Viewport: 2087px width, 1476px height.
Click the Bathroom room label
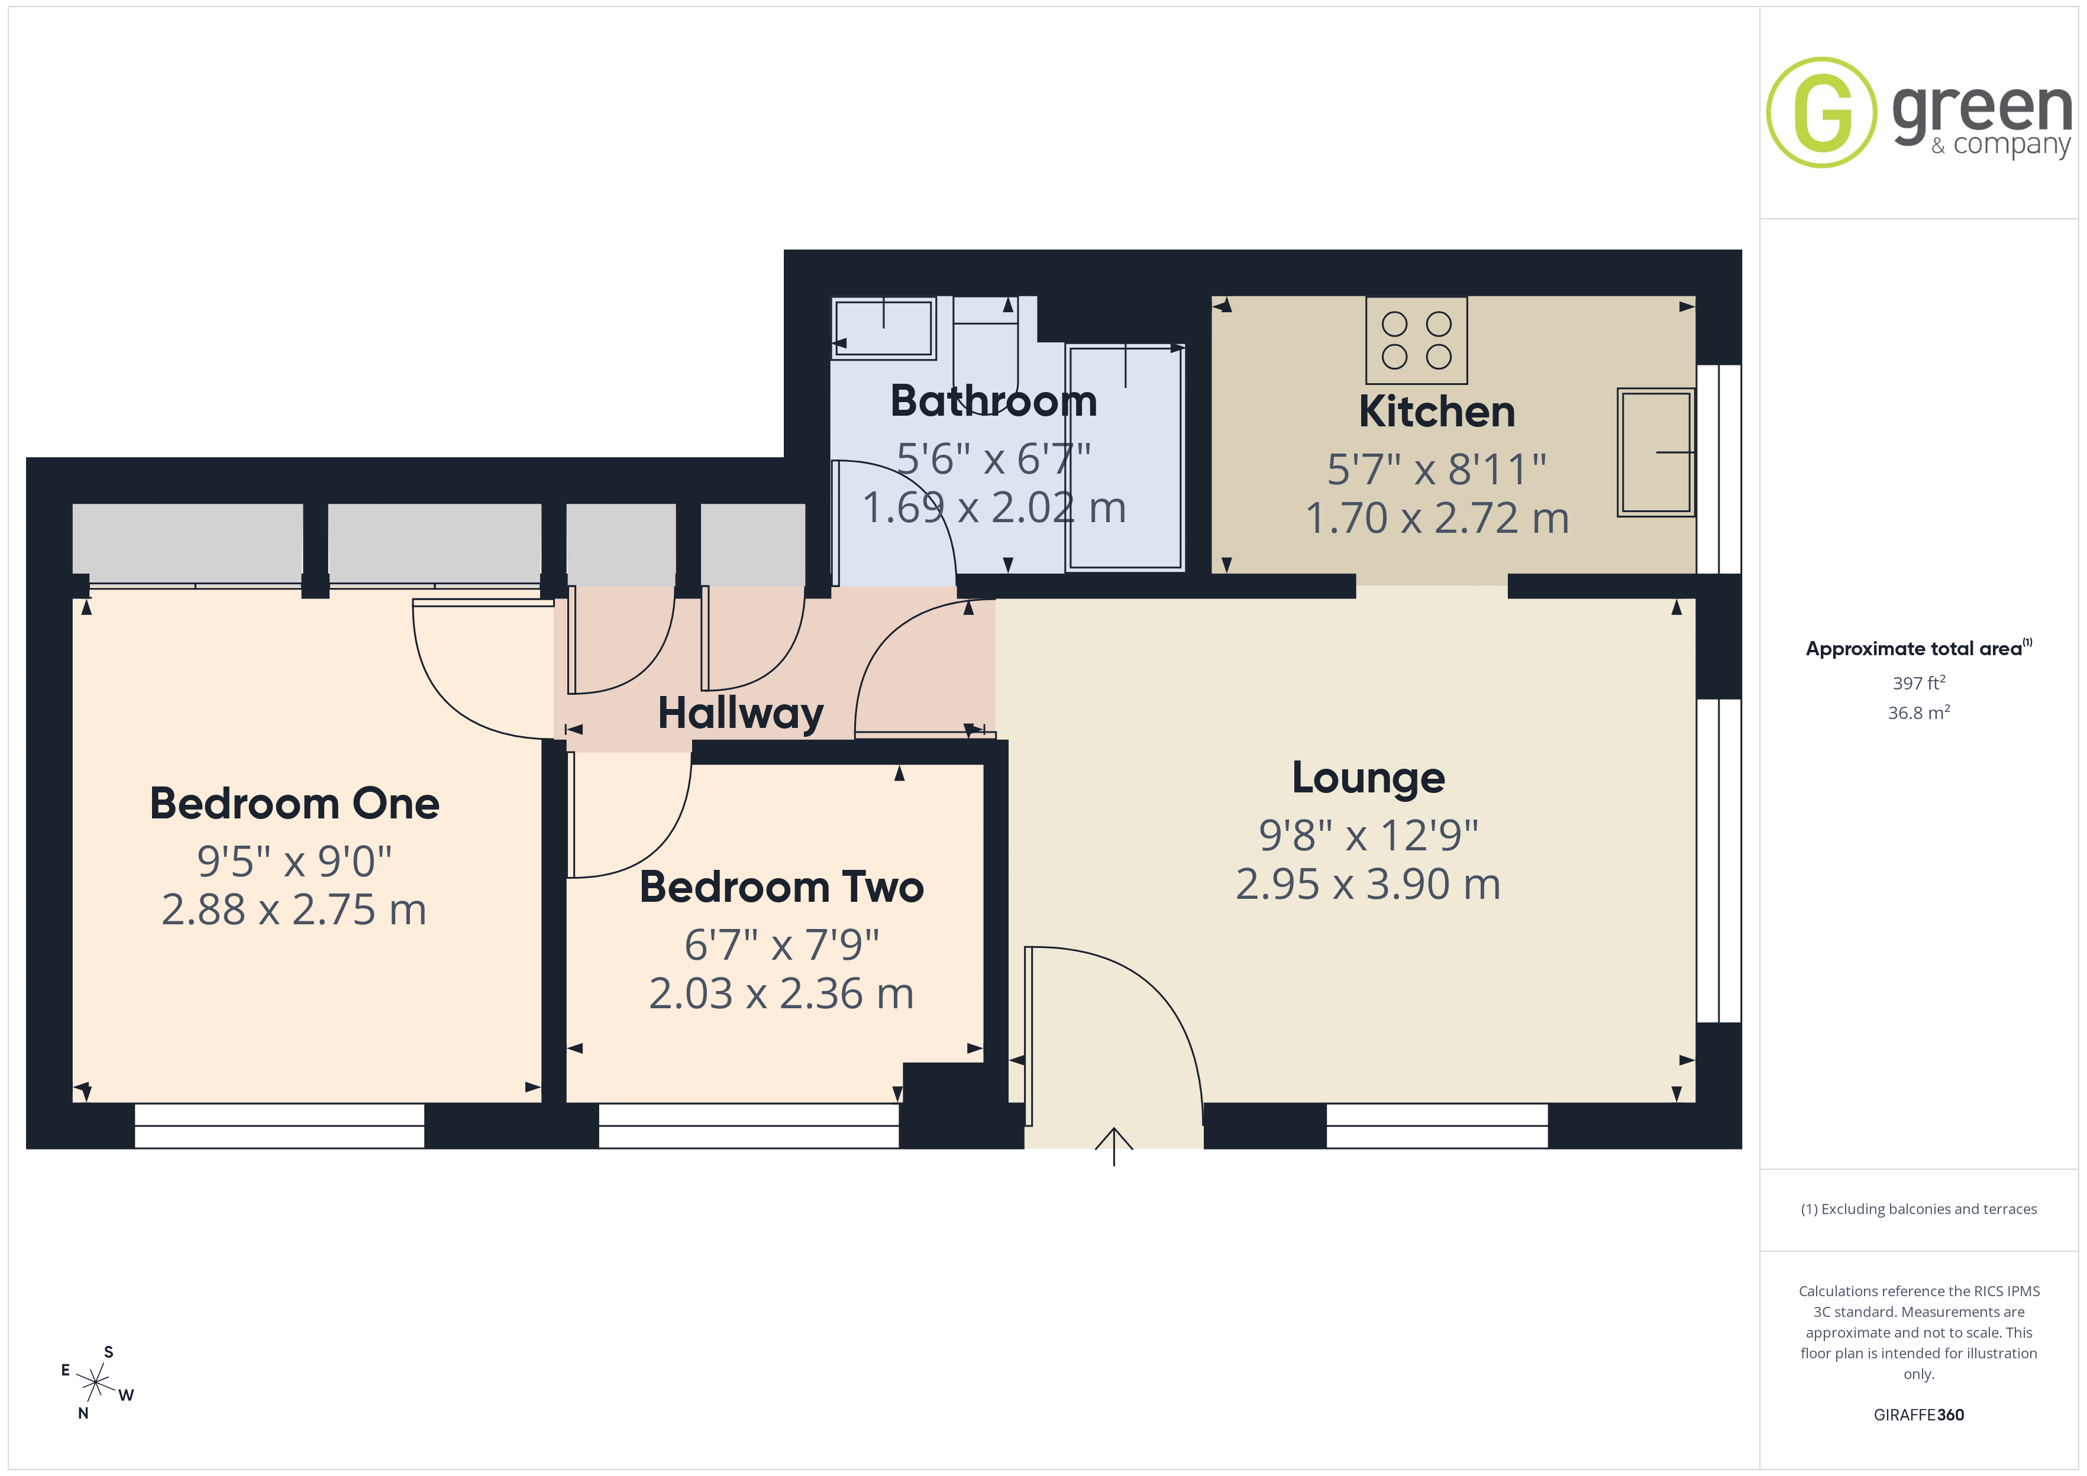point(993,401)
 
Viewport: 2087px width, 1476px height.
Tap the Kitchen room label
point(1437,412)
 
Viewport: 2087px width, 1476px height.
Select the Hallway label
point(741,714)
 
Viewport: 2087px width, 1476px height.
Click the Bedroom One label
point(295,804)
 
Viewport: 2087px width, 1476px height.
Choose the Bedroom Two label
point(781,887)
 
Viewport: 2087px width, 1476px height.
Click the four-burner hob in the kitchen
point(1416,341)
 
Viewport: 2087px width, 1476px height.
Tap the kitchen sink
point(1656,452)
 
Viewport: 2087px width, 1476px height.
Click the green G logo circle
point(1821,113)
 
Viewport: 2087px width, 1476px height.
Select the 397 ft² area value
point(1919,682)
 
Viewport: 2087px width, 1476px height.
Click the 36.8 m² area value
point(1919,713)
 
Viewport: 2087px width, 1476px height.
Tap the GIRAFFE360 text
point(1919,1415)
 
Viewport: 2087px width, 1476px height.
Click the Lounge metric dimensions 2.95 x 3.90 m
point(1368,884)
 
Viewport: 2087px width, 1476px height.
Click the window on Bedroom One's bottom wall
point(279,1126)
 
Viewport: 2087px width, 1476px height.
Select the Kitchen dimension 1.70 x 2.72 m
point(1437,518)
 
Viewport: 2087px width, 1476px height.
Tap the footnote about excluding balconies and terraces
point(1919,1209)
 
